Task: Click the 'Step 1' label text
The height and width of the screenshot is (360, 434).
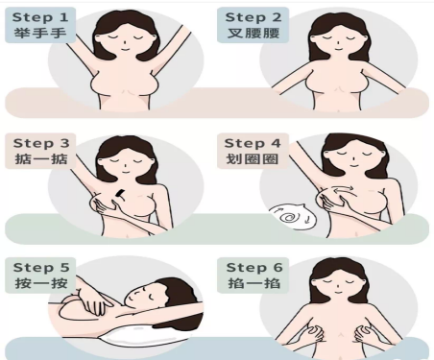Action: click(x=40, y=17)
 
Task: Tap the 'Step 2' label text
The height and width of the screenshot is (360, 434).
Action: click(x=253, y=17)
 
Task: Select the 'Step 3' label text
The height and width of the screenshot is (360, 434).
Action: click(x=41, y=143)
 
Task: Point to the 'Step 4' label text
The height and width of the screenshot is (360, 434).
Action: click(x=253, y=143)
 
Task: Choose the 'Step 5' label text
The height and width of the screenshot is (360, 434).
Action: click(x=41, y=267)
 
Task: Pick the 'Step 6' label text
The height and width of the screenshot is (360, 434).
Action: click(x=254, y=267)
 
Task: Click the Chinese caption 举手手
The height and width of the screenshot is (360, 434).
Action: click(x=40, y=33)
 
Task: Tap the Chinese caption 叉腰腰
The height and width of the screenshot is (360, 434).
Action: click(x=253, y=33)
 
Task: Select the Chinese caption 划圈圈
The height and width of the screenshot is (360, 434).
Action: click(x=253, y=159)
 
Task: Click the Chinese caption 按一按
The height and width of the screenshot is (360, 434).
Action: click(x=41, y=283)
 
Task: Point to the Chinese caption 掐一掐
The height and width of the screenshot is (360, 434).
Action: click(x=254, y=283)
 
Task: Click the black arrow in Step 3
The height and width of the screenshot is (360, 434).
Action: click(x=119, y=194)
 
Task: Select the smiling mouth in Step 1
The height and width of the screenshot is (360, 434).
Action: click(x=124, y=50)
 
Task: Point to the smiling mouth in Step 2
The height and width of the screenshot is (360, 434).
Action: click(x=339, y=49)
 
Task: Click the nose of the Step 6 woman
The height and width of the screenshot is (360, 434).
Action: click(x=339, y=286)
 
